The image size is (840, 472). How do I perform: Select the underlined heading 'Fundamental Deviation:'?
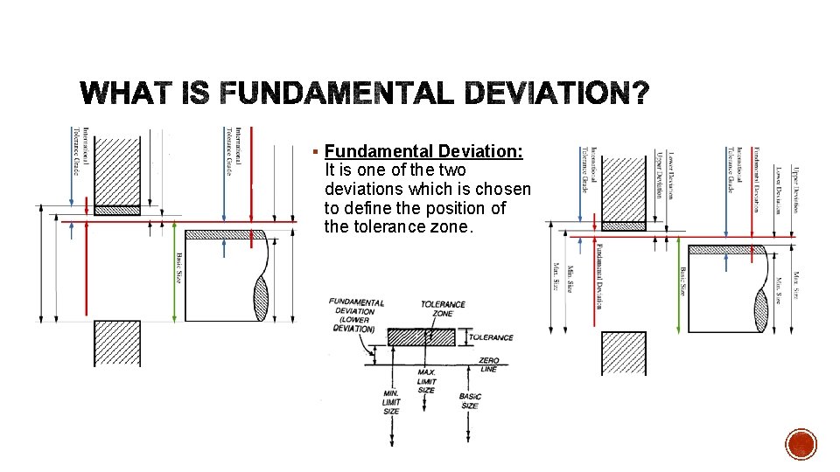tap(423, 151)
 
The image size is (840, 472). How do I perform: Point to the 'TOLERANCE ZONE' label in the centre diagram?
tap(443, 309)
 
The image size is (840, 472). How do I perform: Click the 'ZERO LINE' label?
tap(488, 364)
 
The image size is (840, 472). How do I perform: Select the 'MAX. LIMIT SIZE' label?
tap(426, 381)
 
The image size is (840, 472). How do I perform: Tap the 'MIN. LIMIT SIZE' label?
tap(391, 402)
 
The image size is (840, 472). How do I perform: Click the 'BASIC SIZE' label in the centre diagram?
tap(470, 401)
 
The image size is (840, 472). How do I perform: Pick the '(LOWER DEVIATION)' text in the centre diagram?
tap(353, 325)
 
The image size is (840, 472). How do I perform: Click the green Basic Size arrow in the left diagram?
tap(176, 271)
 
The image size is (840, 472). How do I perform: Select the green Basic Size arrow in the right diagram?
tap(680, 288)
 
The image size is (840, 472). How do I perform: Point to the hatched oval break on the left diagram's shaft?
tap(260, 298)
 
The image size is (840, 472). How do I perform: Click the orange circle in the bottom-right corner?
tap(801, 444)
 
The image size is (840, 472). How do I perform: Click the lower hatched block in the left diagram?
tap(117, 343)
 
